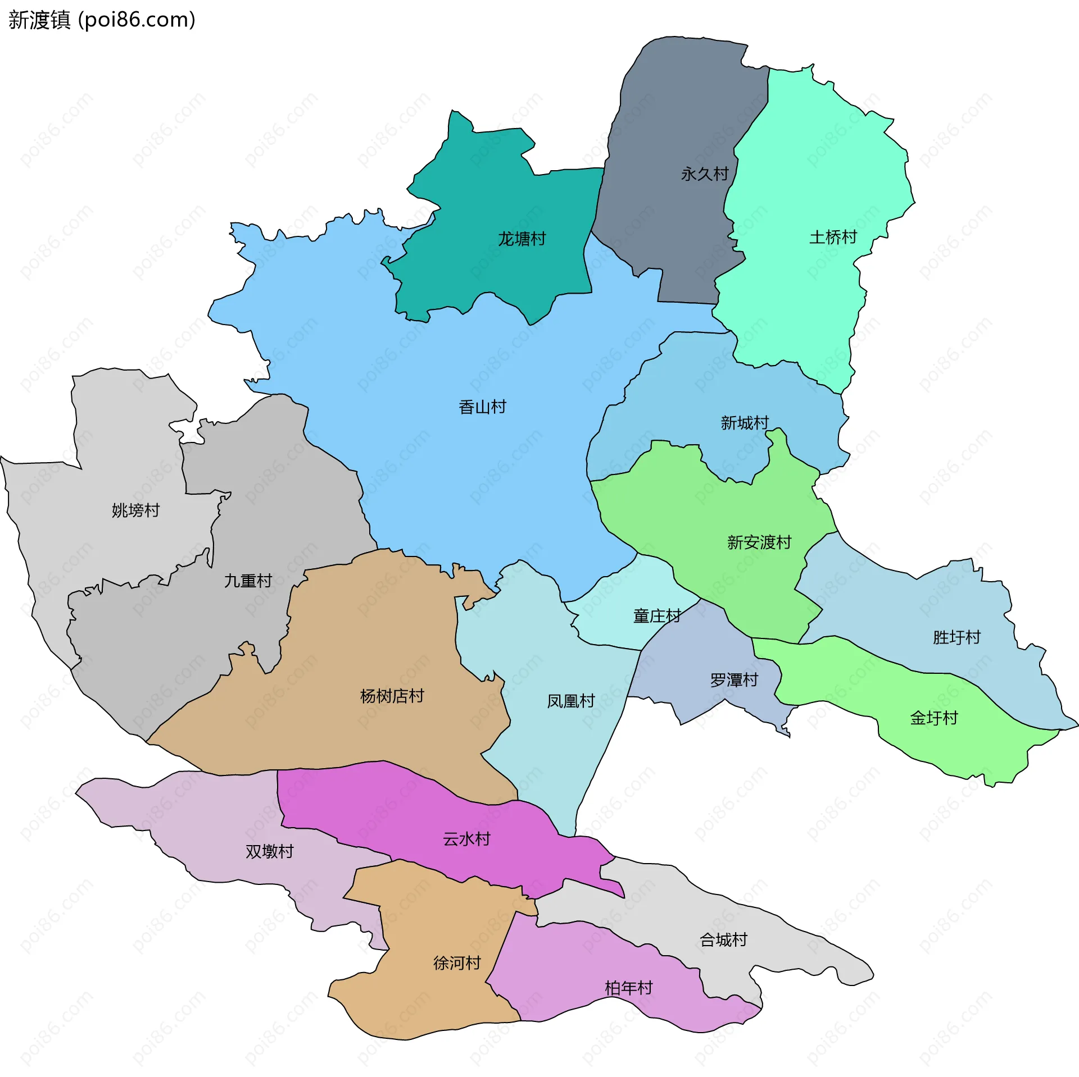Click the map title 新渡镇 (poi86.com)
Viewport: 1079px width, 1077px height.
click(x=102, y=20)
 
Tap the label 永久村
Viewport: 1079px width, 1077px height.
click(x=705, y=174)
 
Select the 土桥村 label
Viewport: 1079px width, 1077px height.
click(x=833, y=238)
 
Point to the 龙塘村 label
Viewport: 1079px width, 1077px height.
click(x=522, y=239)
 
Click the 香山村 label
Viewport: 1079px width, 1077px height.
click(x=482, y=407)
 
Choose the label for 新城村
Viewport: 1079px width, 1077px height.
click(x=745, y=423)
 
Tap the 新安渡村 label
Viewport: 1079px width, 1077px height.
click(x=759, y=542)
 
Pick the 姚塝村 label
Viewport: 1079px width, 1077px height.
click(x=135, y=510)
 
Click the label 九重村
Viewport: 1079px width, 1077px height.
click(x=248, y=581)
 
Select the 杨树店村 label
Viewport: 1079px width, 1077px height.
click(x=392, y=696)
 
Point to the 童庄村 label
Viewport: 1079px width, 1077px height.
click(x=657, y=616)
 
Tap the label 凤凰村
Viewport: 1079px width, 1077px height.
click(x=570, y=701)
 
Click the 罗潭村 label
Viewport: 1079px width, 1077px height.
click(x=734, y=681)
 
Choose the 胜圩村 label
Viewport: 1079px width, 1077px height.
click(x=956, y=637)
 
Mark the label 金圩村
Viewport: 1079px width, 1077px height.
click(x=933, y=718)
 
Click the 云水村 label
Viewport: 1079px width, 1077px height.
click(x=466, y=839)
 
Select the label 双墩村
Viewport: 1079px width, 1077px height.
click(x=269, y=852)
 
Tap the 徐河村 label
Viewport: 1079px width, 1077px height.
click(x=457, y=963)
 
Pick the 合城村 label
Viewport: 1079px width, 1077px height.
click(x=723, y=939)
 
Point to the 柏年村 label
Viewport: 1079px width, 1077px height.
click(x=628, y=988)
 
